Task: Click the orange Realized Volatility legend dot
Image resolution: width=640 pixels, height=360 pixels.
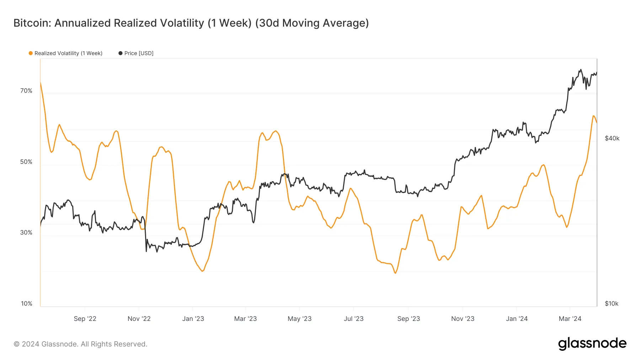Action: point(31,53)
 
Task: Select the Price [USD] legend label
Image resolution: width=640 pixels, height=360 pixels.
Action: point(139,53)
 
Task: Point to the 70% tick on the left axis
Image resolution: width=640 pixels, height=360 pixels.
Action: point(26,91)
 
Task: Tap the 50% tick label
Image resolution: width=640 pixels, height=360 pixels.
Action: point(26,162)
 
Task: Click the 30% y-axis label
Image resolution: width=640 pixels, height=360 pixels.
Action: point(26,232)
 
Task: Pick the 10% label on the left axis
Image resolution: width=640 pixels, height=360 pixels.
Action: point(27,303)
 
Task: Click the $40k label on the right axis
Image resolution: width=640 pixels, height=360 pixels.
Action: point(612,138)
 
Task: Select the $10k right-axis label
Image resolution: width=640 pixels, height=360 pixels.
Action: point(612,303)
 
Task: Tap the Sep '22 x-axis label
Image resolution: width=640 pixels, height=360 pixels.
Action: point(85,319)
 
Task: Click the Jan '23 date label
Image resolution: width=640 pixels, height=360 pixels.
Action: point(193,319)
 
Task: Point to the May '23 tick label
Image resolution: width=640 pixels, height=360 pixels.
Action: point(299,319)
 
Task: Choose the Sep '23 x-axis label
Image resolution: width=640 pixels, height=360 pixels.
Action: point(409,319)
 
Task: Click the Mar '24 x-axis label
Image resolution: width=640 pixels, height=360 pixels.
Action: point(570,319)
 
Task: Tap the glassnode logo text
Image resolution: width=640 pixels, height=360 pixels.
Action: point(592,343)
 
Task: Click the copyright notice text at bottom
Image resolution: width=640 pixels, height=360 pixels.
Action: point(80,344)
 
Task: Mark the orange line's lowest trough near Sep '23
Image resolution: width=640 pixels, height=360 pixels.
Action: point(395,273)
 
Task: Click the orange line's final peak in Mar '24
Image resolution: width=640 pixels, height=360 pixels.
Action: point(593,116)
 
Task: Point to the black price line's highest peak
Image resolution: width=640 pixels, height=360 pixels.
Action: point(581,70)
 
